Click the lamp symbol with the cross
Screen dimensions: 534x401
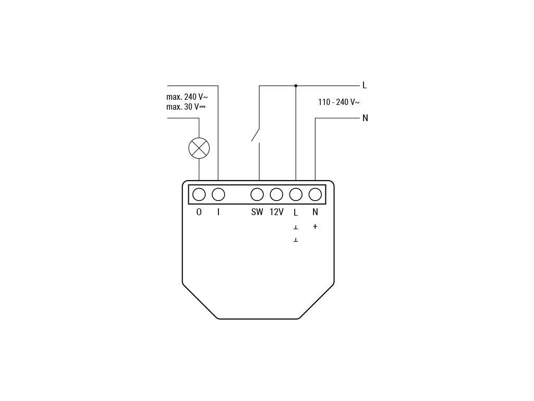tap(199, 148)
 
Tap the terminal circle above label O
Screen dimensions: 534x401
tap(199, 195)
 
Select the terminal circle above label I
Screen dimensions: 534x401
tap(218, 195)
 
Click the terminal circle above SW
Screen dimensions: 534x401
tap(257, 195)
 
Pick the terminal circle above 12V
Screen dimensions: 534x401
tap(276, 195)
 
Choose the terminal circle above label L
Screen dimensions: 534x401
tap(296, 195)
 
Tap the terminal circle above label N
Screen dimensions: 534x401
tap(315, 195)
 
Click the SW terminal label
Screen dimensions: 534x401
tap(257, 213)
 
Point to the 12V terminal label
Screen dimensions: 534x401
tap(276, 213)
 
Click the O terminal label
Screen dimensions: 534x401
tap(199, 213)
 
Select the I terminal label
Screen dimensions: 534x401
tap(218, 213)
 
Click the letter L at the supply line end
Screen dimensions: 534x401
tap(365, 85)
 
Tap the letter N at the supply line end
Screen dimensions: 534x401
tap(365, 118)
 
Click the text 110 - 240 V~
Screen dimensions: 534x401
tap(339, 102)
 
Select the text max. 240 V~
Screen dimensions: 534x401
tap(187, 97)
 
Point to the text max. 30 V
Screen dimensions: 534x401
tap(186, 107)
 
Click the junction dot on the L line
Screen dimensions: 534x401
tap(296, 85)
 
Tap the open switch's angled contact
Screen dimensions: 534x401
tap(256, 134)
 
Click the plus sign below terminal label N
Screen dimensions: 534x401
tap(315, 227)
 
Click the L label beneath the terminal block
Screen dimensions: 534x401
tap(296, 213)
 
